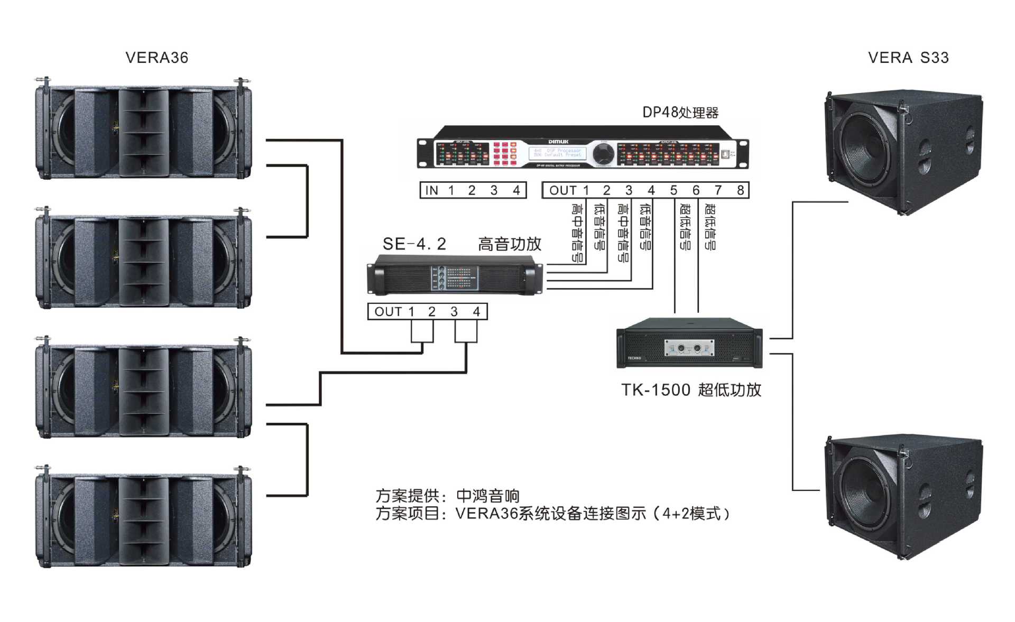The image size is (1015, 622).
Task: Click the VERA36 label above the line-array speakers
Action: pos(156,58)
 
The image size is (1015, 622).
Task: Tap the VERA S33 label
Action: pos(908,58)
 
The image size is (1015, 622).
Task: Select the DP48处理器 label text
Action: pos(680,113)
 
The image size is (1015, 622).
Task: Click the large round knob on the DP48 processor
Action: pos(603,153)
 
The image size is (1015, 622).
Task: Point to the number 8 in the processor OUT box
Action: pos(740,190)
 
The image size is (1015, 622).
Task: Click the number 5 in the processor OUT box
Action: pos(673,190)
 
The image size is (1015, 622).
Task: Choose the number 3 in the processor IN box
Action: pos(494,190)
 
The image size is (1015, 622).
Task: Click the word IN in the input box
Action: pos(432,190)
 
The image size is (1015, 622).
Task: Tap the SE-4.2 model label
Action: pos(414,244)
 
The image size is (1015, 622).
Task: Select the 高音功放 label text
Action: pos(510,244)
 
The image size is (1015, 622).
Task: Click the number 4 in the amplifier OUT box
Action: pos(476,312)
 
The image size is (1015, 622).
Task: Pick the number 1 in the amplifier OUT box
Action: pos(411,312)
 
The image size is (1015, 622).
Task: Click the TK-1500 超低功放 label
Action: pos(691,390)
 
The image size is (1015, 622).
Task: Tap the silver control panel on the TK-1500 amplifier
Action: pos(689,348)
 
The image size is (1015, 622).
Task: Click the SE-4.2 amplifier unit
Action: pos(455,275)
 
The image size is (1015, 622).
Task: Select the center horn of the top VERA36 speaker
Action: pos(143,132)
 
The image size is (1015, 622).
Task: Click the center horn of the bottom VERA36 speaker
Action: pos(143,521)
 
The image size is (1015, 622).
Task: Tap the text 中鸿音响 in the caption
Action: pos(487,496)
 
